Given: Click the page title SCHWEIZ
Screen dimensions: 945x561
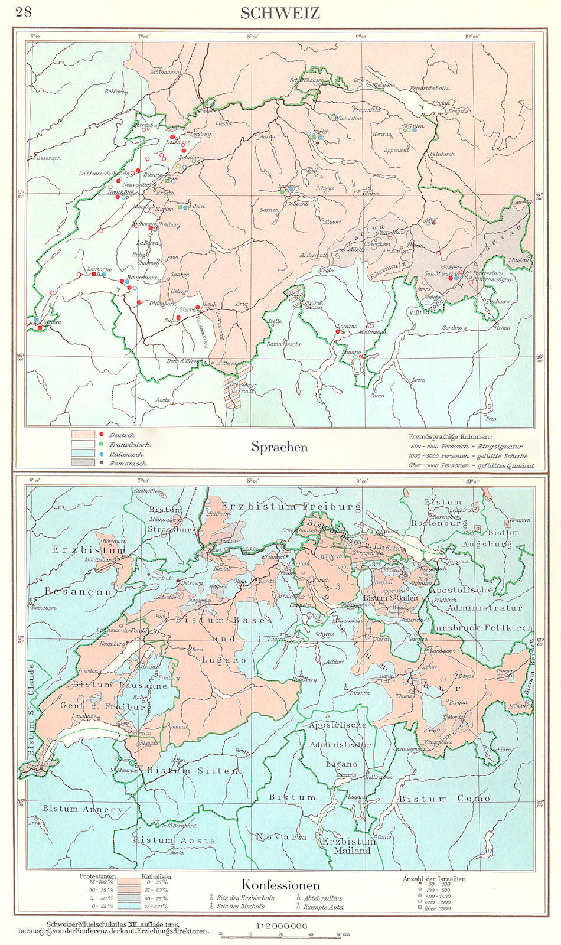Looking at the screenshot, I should tap(280, 13).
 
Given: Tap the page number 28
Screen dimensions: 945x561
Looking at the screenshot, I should tap(24, 12).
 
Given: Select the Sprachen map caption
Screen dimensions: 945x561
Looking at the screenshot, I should tap(279, 447).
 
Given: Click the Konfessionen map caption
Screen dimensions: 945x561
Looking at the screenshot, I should tap(280, 885).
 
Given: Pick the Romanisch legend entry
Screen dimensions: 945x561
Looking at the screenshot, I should tap(128, 464).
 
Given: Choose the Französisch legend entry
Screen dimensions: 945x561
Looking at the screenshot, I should tap(129, 445).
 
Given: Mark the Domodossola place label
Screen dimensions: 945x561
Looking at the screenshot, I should tap(283, 344).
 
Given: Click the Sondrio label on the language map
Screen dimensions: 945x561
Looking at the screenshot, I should tap(453, 327).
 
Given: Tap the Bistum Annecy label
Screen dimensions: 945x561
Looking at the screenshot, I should tap(83, 809).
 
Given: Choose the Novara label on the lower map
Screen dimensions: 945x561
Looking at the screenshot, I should tap(281, 837).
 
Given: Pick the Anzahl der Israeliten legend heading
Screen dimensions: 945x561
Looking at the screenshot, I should tap(434, 879).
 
